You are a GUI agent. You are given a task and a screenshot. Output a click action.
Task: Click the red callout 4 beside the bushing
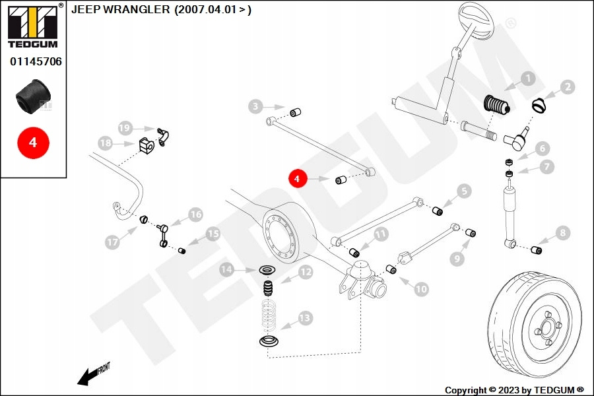point(297,178)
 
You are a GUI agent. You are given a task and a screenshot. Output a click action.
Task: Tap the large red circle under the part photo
point(33,143)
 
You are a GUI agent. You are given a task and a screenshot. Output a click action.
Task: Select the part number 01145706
point(36,61)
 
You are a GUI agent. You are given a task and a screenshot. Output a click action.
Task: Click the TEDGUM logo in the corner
point(33,25)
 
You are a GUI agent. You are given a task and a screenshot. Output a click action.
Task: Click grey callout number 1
point(528,79)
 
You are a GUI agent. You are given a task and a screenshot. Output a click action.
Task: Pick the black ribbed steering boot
point(497,105)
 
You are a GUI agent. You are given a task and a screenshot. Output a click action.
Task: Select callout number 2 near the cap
point(568,87)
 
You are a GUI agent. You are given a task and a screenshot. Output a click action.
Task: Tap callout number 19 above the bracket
point(125,128)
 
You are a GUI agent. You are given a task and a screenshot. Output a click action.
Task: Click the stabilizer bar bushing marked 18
point(147,145)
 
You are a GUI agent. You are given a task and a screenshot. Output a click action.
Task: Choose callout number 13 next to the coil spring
point(305,317)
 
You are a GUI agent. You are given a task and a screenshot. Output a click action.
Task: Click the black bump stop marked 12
point(269,289)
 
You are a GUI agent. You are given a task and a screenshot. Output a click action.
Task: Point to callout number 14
point(226,269)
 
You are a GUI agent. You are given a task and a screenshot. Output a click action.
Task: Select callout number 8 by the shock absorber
point(562,232)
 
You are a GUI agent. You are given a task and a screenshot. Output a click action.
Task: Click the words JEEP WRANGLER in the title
point(121,9)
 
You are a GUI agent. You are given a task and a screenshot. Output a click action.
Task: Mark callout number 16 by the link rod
point(195,214)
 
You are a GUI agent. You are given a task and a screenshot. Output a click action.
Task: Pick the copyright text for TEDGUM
point(514,390)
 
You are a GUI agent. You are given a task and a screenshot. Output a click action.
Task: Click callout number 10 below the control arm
point(421,289)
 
